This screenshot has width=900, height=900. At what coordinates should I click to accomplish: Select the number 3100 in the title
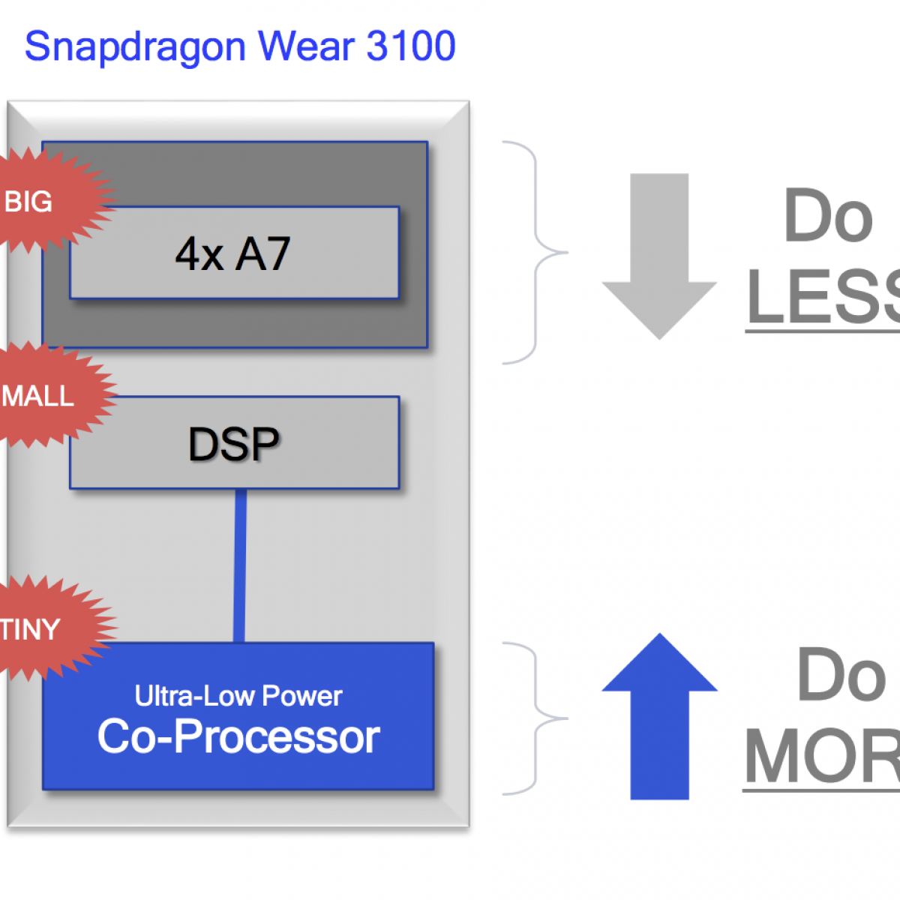[411, 46]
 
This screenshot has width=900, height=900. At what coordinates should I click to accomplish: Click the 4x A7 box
[234, 253]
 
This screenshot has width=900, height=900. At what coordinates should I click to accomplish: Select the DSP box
[234, 443]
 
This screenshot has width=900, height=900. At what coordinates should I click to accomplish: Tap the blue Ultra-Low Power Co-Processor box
[238, 716]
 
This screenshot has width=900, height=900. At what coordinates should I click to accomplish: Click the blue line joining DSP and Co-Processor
[240, 565]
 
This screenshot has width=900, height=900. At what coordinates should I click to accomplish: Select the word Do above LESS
[828, 216]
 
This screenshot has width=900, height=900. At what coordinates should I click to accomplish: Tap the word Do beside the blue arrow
[841, 675]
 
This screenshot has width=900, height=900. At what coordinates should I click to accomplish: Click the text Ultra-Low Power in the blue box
[238, 696]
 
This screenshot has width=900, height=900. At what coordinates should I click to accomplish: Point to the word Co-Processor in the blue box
[238, 736]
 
